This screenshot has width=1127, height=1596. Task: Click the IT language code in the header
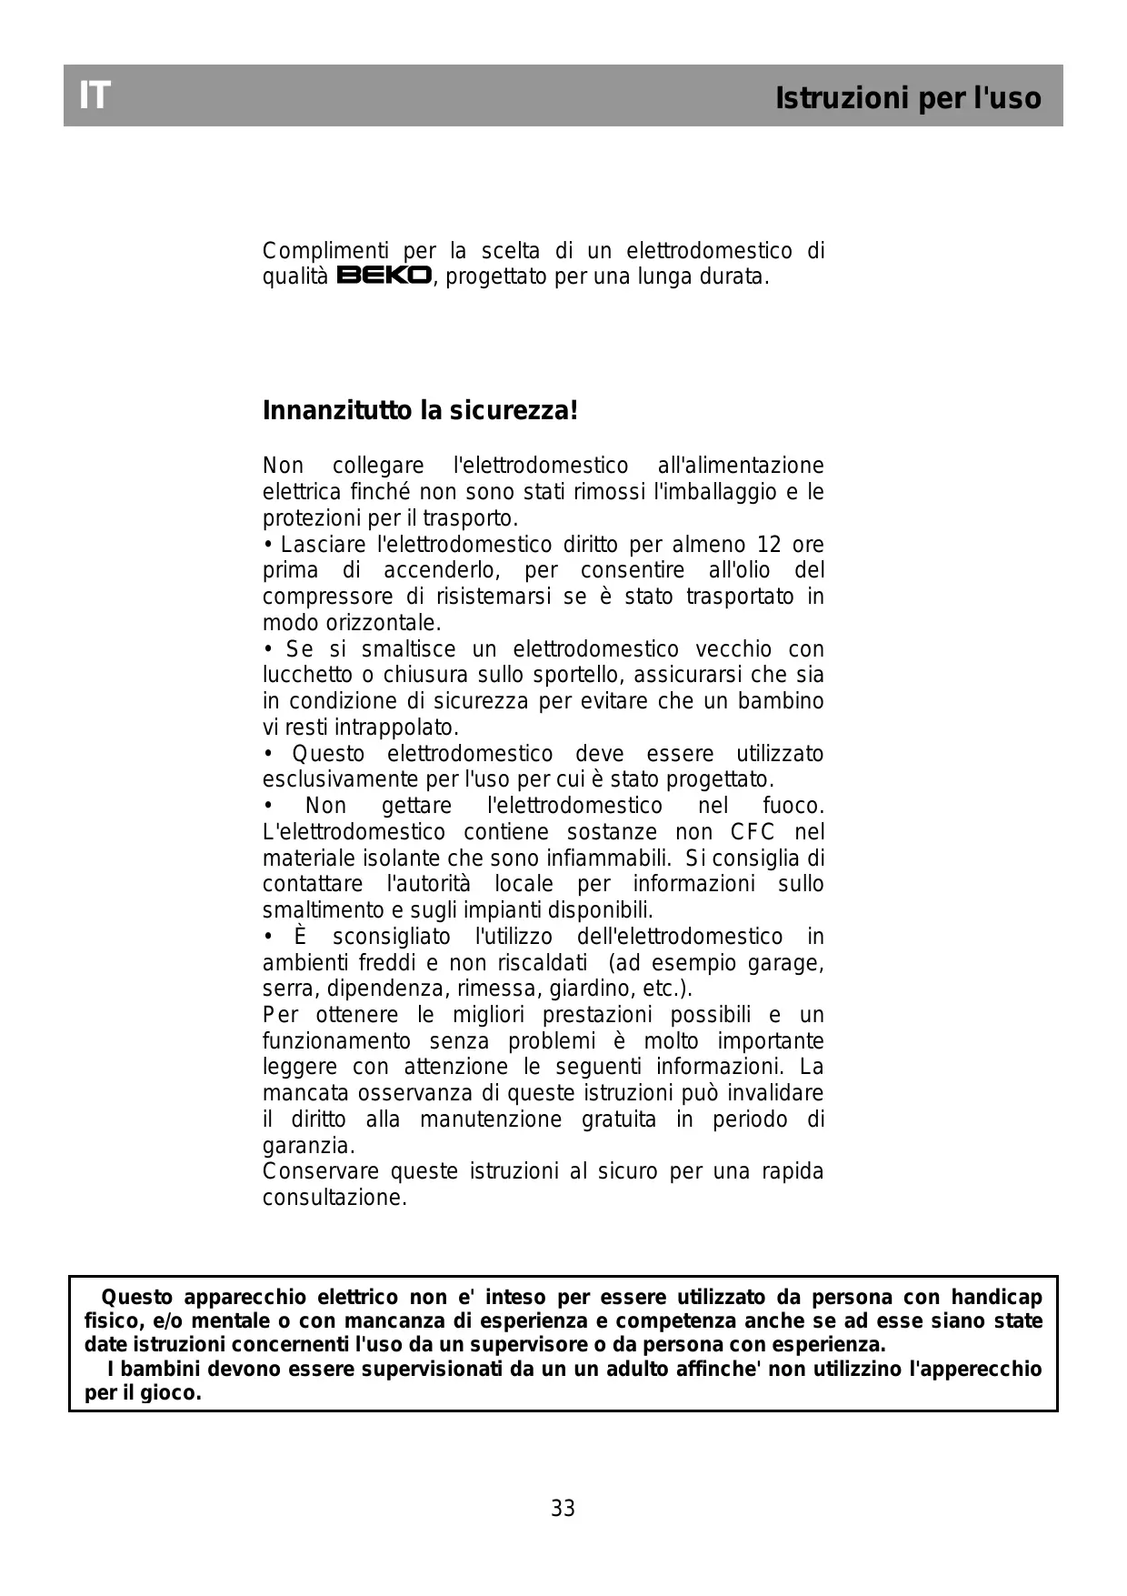click(95, 95)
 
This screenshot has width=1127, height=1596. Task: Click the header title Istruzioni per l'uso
click(908, 98)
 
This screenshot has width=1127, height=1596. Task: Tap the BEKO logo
click(384, 276)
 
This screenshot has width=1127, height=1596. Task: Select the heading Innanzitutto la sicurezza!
click(420, 411)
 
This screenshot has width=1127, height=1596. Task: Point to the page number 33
click(563, 1509)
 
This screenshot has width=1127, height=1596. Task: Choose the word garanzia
click(308, 1146)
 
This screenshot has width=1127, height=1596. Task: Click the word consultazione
click(334, 1198)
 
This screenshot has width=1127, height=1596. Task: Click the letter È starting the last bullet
click(300, 936)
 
